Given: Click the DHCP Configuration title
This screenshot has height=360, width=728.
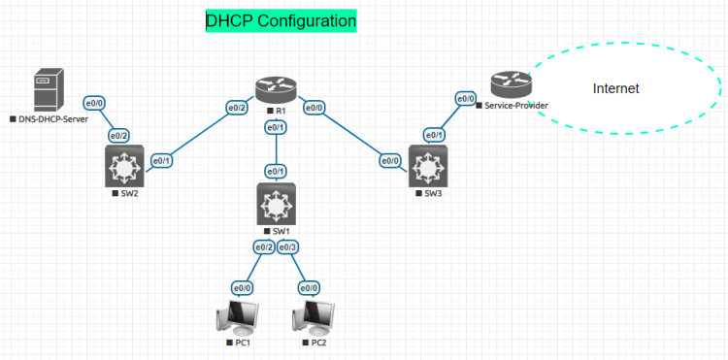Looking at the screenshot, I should [x=281, y=20].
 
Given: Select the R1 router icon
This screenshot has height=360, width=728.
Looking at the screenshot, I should [x=280, y=89].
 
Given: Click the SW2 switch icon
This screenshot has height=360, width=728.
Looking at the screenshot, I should [x=123, y=168].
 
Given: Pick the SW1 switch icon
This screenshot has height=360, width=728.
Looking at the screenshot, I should [x=277, y=205].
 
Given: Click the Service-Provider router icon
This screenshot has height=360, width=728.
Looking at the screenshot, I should [x=506, y=83].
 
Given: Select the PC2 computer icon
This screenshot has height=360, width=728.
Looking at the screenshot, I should [x=315, y=318].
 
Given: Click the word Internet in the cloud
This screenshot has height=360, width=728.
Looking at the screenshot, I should [x=616, y=88].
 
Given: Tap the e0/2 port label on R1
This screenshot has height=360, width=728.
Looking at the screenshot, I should [x=237, y=108].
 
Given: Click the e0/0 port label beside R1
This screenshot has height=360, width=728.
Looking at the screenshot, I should [x=315, y=108].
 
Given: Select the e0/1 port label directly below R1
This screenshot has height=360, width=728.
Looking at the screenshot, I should [x=277, y=127].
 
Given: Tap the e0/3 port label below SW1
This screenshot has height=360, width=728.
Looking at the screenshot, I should [x=288, y=247].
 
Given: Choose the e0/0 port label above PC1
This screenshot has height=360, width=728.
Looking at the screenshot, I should [x=243, y=288].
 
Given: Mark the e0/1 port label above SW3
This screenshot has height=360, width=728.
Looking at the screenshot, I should [x=434, y=135].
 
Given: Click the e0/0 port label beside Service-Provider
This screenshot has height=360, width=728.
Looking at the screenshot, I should [x=465, y=98].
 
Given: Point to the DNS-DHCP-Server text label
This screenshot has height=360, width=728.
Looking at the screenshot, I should [x=53, y=118].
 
